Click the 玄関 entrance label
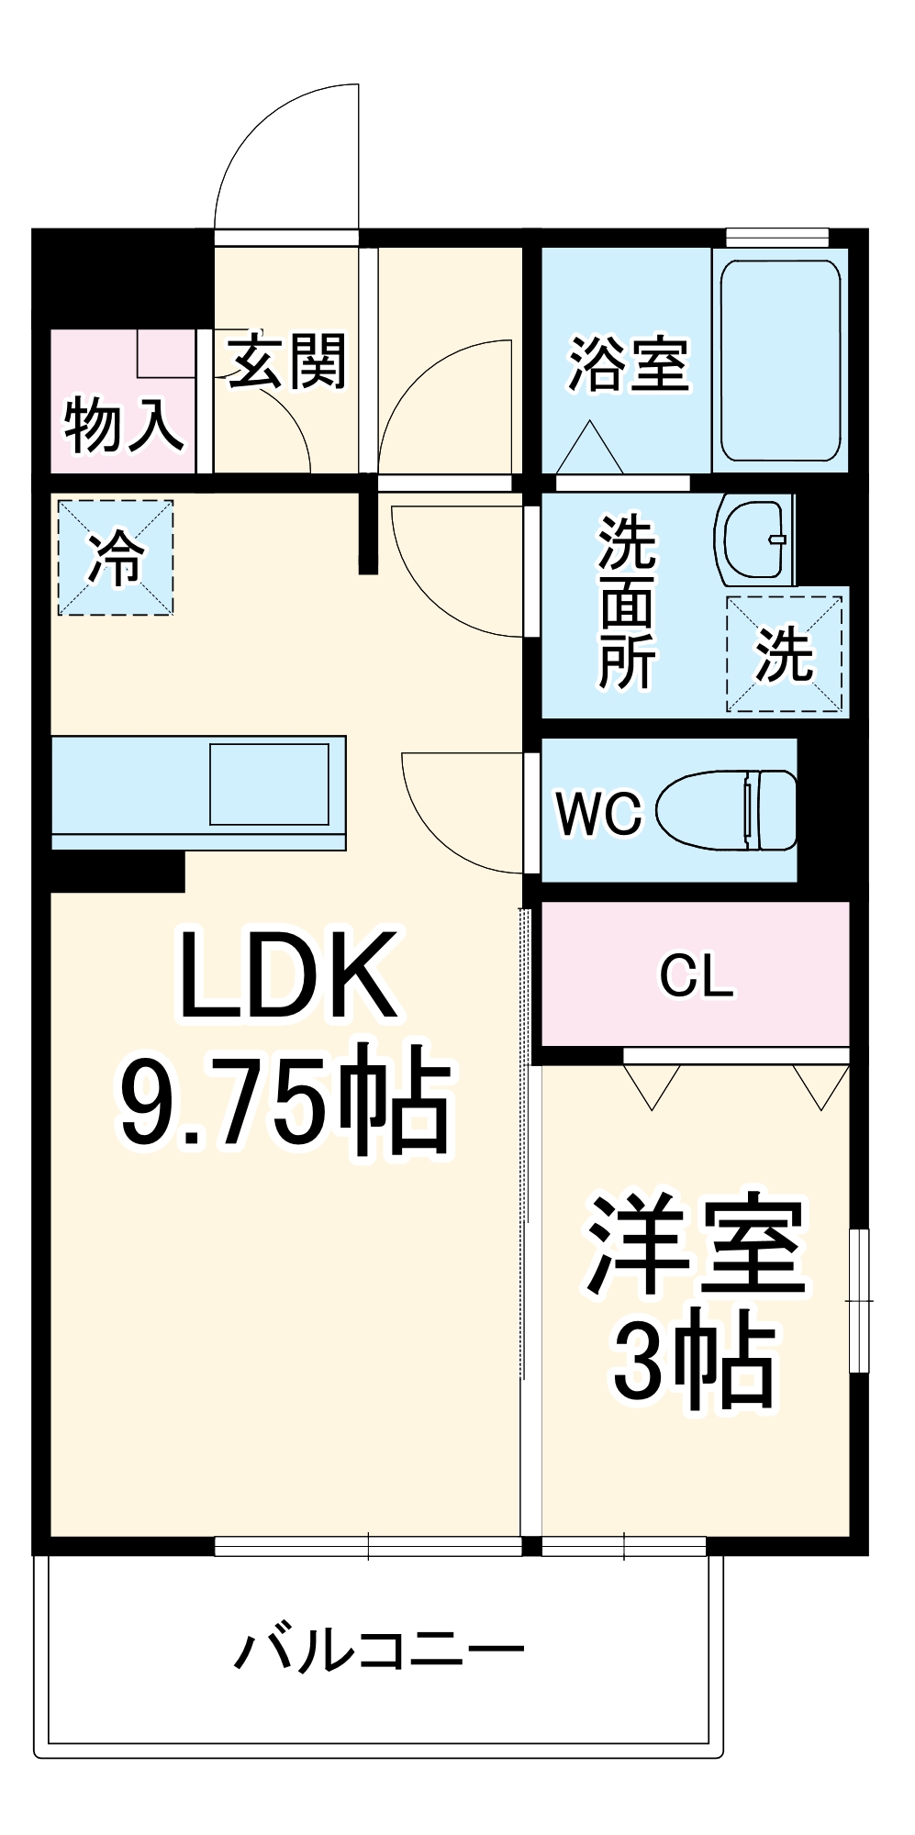[286, 361]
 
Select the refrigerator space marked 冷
[116, 557]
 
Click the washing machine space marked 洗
[785, 654]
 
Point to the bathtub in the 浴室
[780, 361]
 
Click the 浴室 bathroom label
[629, 364]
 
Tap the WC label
[598, 813]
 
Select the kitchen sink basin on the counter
[269, 784]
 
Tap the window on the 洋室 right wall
[858, 1300]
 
